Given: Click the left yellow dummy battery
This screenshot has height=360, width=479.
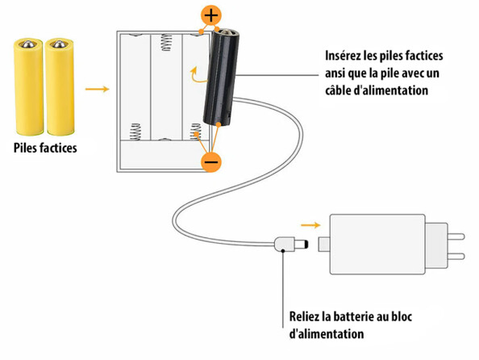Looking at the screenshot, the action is pos(28,86).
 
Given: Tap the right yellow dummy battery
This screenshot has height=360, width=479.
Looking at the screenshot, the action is pos(60,86).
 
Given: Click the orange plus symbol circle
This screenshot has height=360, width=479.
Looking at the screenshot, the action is pos(211,15).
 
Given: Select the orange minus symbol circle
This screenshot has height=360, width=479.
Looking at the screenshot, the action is pos(210,161).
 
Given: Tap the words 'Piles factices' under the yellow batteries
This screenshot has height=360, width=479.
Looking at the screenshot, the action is pos(45,148).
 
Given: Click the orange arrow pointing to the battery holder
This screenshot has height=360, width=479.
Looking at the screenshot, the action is pos(97,89).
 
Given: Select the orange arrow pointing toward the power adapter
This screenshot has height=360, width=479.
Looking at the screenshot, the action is pos(310,225).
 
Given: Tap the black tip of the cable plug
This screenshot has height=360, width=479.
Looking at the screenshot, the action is pos(306,245).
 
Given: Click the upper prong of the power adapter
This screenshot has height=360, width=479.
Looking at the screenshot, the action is pos(456,237).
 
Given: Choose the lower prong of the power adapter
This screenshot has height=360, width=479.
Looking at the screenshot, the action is pos(456,256).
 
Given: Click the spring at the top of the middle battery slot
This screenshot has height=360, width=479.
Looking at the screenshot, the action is pos(166,42).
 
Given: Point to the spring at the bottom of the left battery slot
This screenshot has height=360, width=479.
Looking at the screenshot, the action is pos(135,132).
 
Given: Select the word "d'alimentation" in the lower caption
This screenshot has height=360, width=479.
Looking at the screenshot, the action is pos(327,333).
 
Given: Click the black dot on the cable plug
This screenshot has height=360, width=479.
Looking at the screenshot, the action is pos(283,251).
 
